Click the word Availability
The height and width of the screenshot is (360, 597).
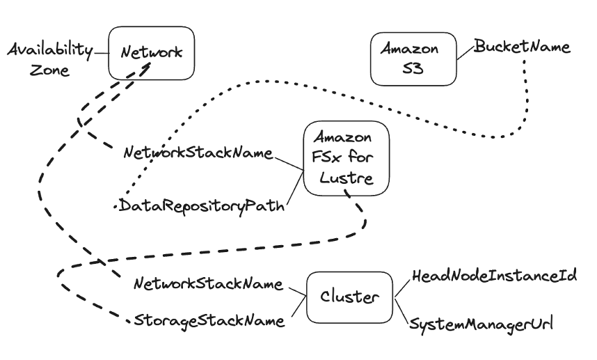point(50,50)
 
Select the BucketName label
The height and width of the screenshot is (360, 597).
point(522,47)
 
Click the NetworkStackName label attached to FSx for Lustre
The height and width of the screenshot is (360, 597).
point(197,152)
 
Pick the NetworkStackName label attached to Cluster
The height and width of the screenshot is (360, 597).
point(207,283)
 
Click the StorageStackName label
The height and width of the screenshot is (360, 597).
point(209,321)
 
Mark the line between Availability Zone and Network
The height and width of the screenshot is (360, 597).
point(102,52)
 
